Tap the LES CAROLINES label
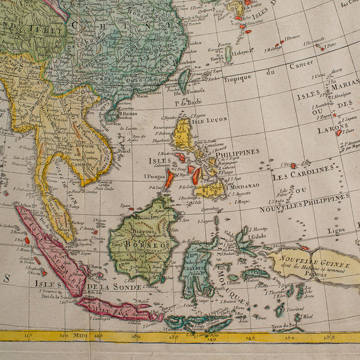pos(302,176)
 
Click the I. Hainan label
pos(128,113)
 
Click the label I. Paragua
pos(154,176)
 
